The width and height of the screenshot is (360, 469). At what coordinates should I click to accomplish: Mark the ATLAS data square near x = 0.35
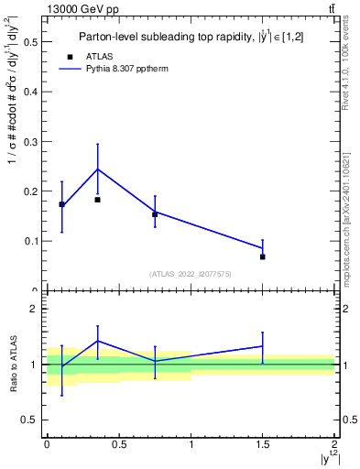[97, 200]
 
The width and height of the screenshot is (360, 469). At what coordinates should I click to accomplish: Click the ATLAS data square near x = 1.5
[262, 257]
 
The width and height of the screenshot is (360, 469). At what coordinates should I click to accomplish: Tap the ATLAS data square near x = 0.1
[61, 204]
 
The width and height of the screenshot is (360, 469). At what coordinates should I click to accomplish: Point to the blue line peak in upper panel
[97, 169]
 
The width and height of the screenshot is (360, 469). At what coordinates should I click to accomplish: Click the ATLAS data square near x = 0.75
[155, 214]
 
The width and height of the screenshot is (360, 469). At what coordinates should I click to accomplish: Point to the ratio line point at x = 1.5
[262, 346]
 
